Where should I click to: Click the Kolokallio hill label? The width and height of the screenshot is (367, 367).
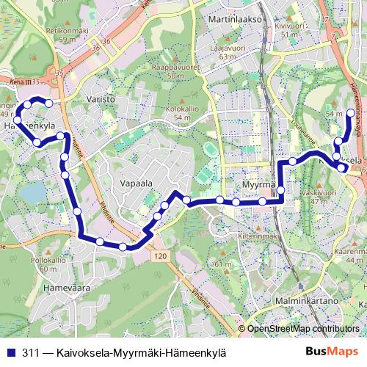coord(181,108)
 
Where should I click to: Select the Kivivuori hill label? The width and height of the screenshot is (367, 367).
coord(289,23)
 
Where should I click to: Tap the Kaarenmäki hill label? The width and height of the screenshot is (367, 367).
coord(350,250)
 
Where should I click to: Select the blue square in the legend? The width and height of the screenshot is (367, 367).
coord(9,352)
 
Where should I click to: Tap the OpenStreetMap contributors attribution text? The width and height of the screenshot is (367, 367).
coord(306,330)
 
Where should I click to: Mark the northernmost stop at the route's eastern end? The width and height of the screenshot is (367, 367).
coord(351,113)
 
